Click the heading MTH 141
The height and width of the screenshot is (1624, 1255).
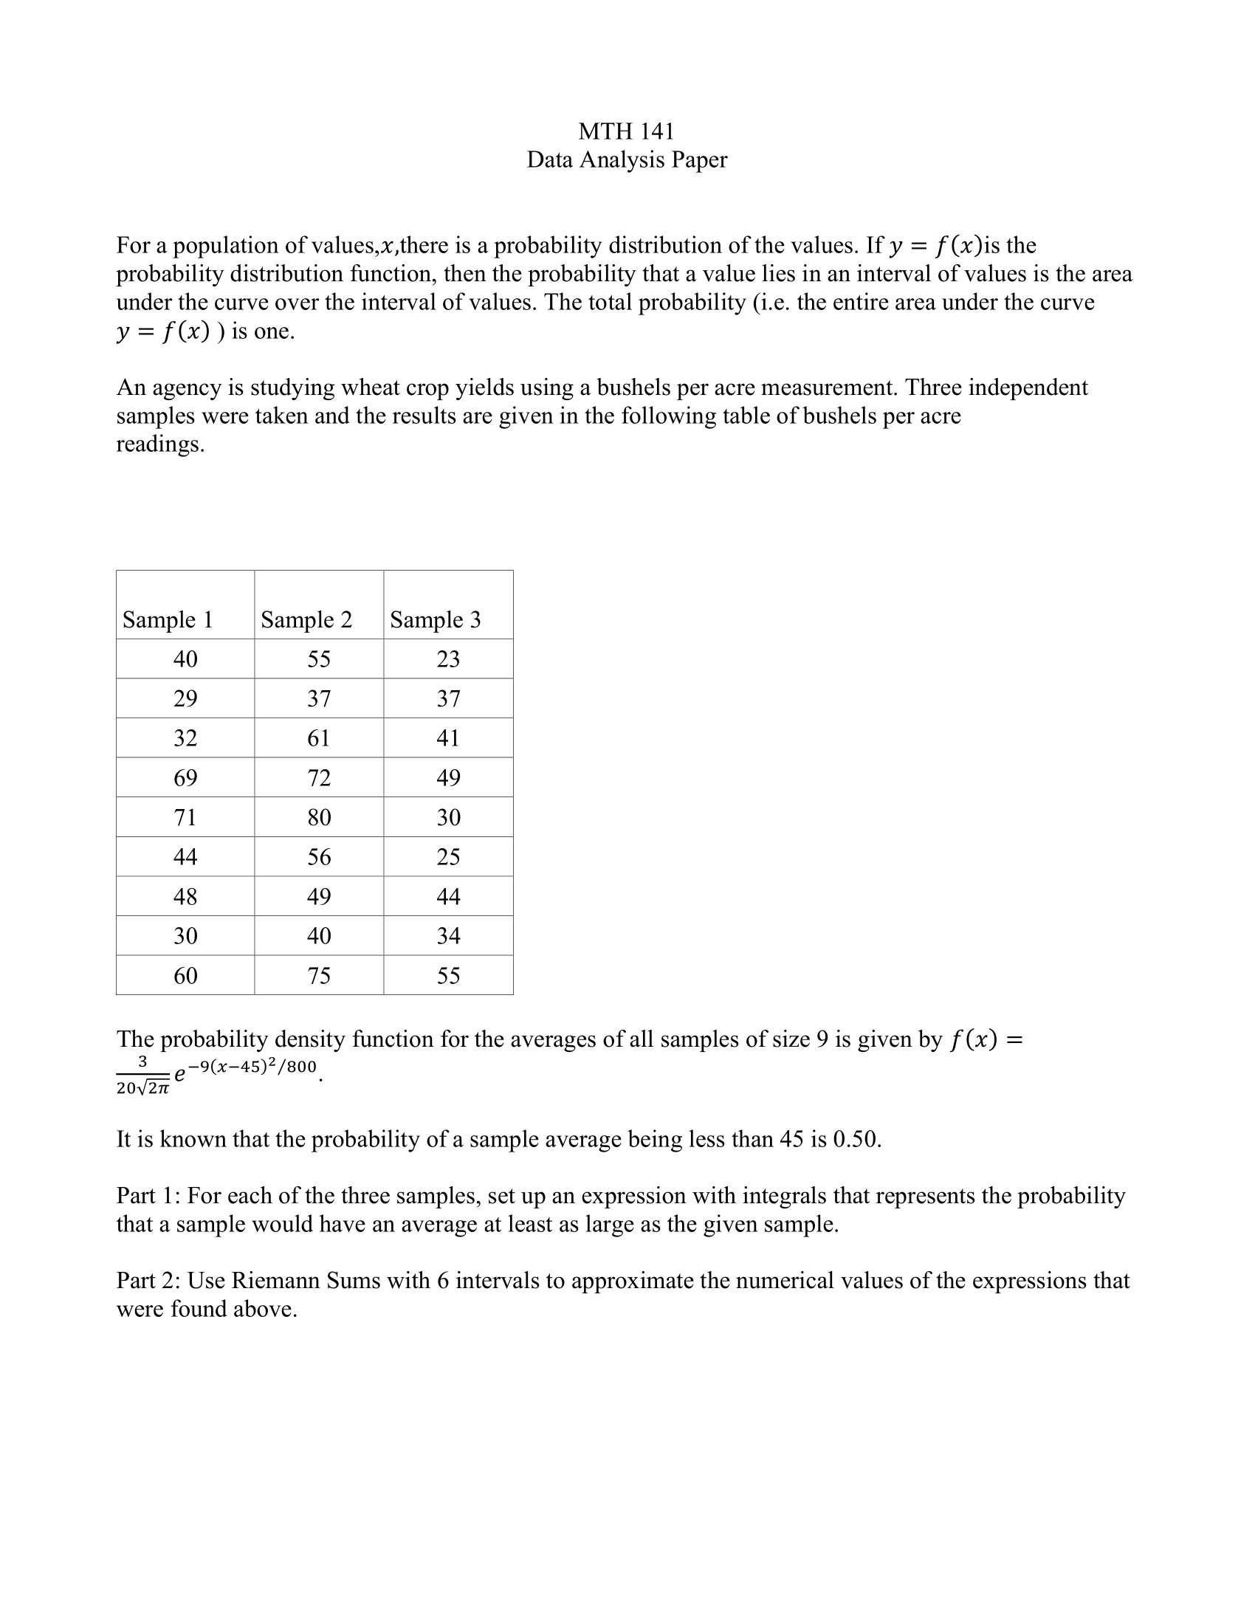(x=626, y=131)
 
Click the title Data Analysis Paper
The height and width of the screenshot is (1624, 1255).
(x=626, y=160)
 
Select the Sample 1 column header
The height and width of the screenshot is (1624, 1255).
(x=168, y=619)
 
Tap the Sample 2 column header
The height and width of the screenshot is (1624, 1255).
(x=306, y=619)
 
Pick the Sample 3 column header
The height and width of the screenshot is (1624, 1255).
(x=436, y=619)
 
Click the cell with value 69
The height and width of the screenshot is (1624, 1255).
(x=185, y=778)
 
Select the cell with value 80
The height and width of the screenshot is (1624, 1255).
(x=319, y=817)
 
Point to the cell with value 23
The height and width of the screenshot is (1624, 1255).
(x=448, y=658)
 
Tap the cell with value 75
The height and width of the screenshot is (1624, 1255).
(x=319, y=976)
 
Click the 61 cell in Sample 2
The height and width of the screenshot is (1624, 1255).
(x=319, y=738)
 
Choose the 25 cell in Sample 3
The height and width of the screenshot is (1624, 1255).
(x=448, y=856)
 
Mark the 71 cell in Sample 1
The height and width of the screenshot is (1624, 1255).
(x=185, y=817)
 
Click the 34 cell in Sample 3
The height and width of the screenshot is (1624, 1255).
(x=448, y=935)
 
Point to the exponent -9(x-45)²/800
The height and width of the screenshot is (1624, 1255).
(x=252, y=1067)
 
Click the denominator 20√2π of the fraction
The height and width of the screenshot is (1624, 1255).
(x=142, y=1089)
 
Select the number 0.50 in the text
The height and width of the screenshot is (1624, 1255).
(x=855, y=1139)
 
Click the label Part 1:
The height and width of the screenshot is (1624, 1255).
(x=148, y=1196)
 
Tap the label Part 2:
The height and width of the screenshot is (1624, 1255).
(x=148, y=1281)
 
